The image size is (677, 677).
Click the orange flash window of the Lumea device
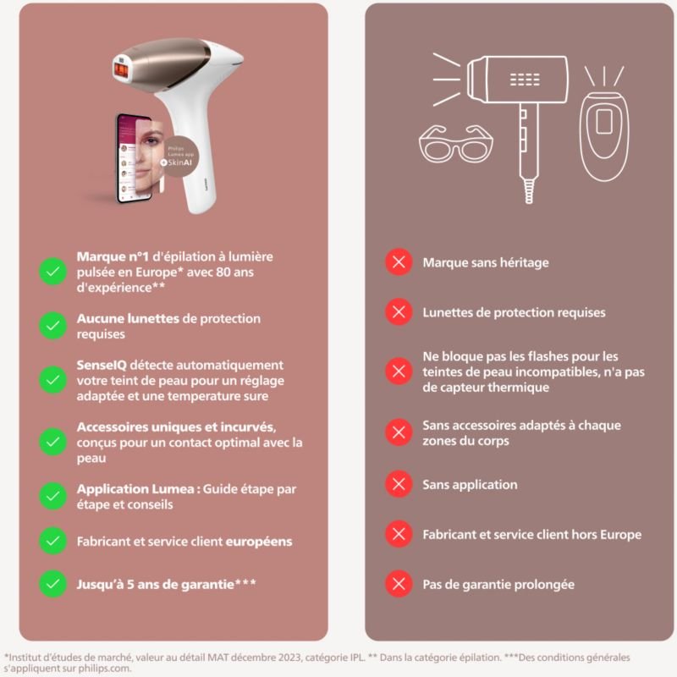[121, 70]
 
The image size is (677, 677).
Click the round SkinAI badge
[179, 157]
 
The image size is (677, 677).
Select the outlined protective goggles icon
[456, 143]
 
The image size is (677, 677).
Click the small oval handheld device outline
[604, 136]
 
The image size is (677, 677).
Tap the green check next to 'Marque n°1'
[52, 272]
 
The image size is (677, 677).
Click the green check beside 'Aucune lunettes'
[52, 326]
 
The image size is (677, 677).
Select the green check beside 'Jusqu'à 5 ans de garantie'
[52, 584]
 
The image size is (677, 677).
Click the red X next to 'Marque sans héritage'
[399, 261]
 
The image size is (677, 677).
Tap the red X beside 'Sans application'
[399, 483]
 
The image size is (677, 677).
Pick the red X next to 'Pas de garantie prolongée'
[399, 584]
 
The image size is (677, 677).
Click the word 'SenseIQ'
[102, 366]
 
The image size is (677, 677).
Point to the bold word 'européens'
[259, 542]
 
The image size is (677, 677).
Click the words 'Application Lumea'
[135, 489]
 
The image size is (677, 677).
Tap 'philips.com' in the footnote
[104, 669]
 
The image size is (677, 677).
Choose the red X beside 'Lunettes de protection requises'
[399, 311]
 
